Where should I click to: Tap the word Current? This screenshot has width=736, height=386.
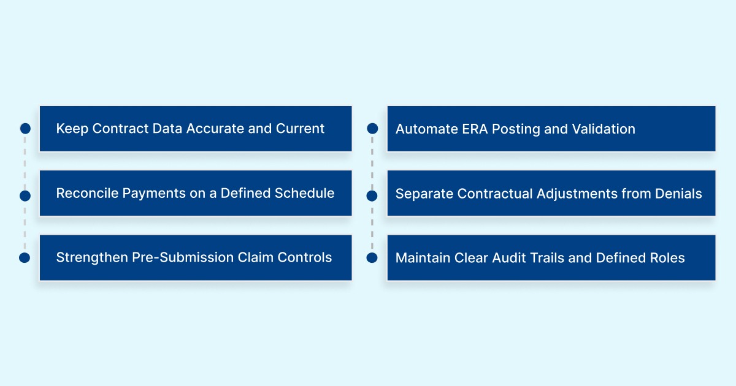[300, 129]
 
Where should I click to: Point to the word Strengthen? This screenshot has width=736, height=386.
[92, 257]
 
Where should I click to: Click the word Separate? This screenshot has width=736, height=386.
[421, 194]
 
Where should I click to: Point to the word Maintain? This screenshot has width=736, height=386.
[423, 258]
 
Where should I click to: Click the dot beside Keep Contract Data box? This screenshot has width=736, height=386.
[25, 129]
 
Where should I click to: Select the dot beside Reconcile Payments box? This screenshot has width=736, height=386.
[25, 196]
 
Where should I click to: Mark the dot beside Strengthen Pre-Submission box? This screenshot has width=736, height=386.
[25, 258]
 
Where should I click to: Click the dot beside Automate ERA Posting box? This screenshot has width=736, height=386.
[372, 129]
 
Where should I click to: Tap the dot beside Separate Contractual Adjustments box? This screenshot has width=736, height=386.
[372, 196]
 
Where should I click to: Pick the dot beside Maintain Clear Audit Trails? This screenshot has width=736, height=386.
[372, 258]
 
